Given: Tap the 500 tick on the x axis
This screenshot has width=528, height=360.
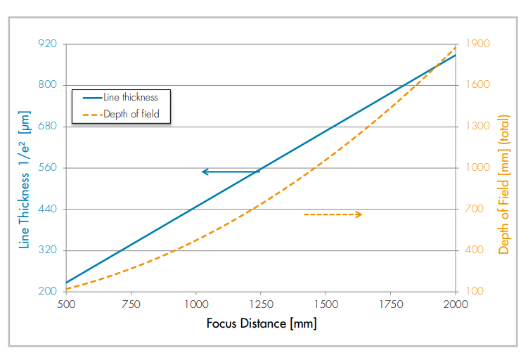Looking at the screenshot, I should point(65,304).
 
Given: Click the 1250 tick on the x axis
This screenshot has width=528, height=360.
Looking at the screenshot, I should point(261,304).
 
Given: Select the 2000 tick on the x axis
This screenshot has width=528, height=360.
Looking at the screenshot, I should point(456,304).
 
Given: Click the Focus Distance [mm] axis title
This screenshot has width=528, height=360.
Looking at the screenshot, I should point(261,323).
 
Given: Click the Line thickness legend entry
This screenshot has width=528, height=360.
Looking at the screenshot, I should point(122,98).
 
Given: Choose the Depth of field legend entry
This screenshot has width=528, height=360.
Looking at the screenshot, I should point(122,114).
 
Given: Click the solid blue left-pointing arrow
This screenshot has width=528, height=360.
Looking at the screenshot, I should point(231,172).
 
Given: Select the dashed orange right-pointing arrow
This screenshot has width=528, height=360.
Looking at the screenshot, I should point(333,214).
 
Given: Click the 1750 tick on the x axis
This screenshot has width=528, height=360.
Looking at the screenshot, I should point(391,304).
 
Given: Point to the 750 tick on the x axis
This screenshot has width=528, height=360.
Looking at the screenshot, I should point(131,304).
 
